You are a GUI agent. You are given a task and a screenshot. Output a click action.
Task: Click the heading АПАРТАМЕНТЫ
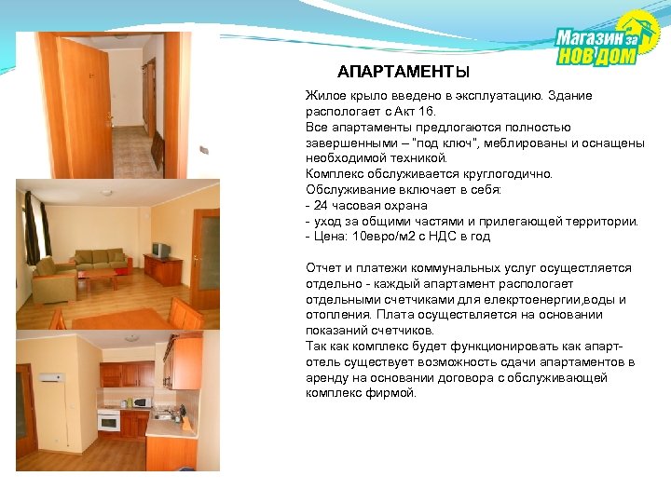404,73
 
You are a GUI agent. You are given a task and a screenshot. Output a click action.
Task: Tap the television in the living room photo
161,250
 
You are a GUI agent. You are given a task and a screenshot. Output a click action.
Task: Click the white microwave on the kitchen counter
141,402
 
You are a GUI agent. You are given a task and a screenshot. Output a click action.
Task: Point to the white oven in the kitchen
109,421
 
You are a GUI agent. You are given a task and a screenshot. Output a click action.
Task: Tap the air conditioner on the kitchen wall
51,380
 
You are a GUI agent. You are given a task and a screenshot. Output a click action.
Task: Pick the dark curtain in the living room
34,229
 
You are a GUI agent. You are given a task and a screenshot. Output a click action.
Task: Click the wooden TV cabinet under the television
164,271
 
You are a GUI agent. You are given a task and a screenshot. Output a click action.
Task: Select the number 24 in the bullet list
320,205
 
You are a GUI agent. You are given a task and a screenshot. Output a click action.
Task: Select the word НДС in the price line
429,237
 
